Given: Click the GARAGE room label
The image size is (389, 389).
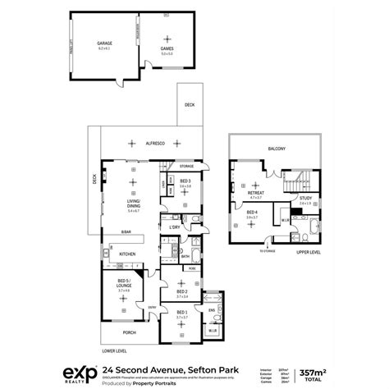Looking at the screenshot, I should [x=103, y=45].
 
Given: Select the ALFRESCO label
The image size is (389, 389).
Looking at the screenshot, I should [x=155, y=144].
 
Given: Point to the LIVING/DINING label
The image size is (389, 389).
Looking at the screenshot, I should [x=132, y=202].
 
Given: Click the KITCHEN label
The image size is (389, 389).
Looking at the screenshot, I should [x=127, y=254].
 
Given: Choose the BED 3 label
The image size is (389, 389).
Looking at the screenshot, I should [x=185, y=181].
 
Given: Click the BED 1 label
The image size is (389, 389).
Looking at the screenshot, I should [x=181, y=313].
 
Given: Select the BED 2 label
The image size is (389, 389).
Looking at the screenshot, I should [x=182, y=292].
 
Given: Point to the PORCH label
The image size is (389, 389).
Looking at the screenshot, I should [x=128, y=332].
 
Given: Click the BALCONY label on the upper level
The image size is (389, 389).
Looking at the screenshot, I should [x=276, y=149].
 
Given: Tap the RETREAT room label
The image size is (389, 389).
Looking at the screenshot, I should [x=255, y=194].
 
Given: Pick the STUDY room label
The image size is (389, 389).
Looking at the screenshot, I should [x=304, y=198].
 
